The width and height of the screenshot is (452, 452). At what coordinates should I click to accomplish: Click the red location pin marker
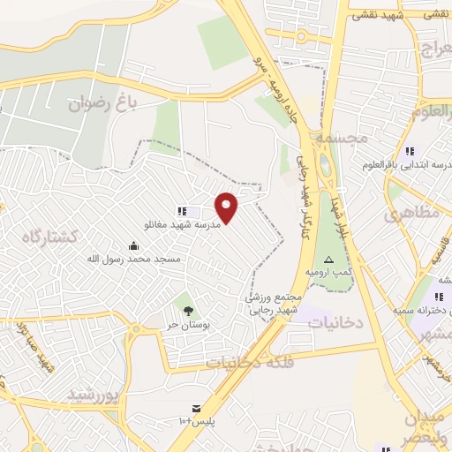[228, 207]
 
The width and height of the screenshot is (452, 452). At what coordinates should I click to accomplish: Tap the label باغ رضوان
[106, 104]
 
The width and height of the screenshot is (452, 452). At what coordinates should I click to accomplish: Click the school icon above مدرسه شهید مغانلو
[182, 211]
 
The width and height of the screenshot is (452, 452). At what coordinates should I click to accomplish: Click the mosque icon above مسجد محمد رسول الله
[133, 245]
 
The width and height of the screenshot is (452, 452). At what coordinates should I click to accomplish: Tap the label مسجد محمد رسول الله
[133, 259]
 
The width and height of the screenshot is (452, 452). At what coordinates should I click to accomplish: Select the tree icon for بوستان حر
[188, 309]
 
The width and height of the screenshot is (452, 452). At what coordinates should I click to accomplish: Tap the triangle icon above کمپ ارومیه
[328, 260]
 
